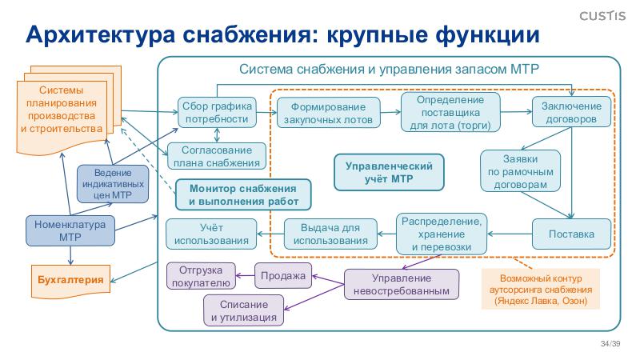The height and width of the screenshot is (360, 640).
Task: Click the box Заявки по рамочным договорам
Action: coord(518,170)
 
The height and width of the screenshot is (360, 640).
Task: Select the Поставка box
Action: coord(570,234)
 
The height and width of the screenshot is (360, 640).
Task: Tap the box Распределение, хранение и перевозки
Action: coord(442,234)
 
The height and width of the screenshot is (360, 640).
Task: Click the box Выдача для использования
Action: coord(330,234)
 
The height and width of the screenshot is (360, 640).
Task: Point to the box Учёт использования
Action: coord(211,234)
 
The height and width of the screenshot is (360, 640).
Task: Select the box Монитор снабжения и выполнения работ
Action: coord(242,194)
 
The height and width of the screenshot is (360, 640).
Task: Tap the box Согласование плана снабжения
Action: coord(215,156)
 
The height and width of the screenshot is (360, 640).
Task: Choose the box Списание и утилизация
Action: coord(244,310)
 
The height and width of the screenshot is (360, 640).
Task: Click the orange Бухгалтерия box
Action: coord(70,279)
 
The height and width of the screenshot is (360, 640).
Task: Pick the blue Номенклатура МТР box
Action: coord(70,230)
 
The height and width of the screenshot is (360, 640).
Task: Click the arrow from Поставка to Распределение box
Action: coord(510,234)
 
